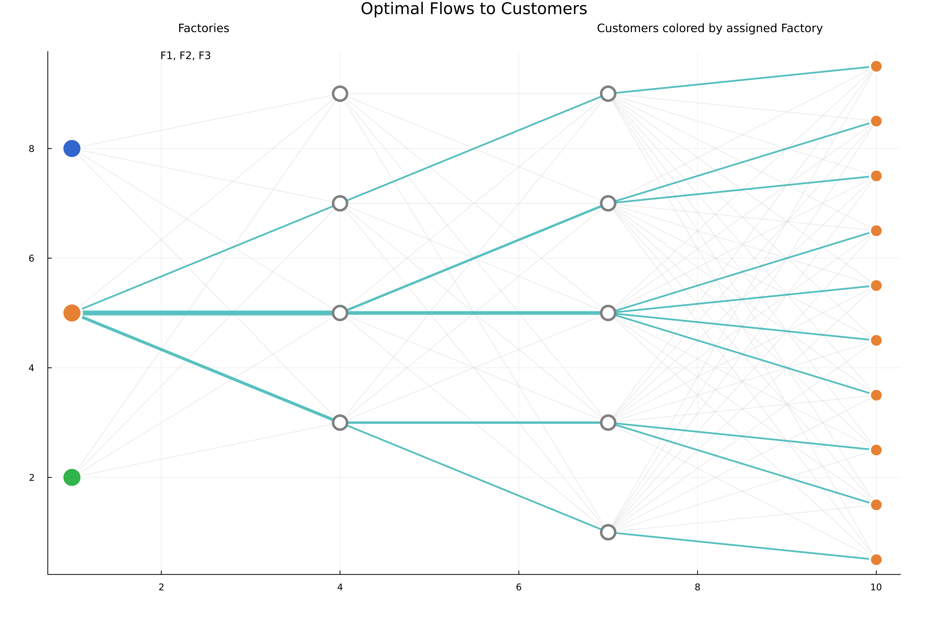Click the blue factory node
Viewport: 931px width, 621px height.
[72, 149]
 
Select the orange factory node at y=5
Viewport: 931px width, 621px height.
[72, 313]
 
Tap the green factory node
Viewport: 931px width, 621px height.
[72, 477]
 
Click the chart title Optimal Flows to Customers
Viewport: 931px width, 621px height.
[474, 9]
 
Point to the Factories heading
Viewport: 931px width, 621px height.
[204, 28]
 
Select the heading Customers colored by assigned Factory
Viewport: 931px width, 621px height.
[709, 28]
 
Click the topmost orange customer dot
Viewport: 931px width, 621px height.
[876, 66]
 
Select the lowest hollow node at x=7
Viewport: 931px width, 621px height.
[607, 532]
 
